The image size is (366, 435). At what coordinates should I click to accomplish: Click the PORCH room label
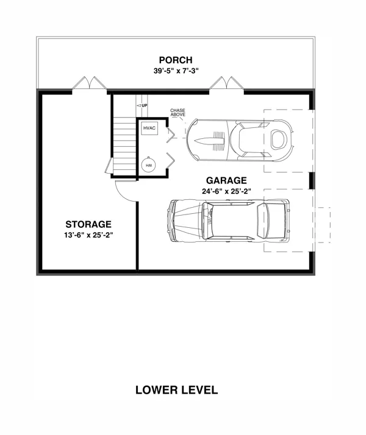coord(176,60)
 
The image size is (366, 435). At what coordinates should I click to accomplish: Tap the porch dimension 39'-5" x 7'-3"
coord(176,71)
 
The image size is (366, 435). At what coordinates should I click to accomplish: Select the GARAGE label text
coord(226,180)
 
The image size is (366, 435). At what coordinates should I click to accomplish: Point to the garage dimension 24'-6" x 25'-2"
coord(226,191)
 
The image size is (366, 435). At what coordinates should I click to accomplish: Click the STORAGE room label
coord(88,224)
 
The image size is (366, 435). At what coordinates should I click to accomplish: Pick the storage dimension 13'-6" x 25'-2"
coord(88,235)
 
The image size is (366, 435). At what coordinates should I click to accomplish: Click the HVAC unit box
coord(149,128)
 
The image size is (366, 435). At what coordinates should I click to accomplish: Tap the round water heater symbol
coord(149,165)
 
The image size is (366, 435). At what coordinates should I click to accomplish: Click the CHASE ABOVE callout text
coord(178,112)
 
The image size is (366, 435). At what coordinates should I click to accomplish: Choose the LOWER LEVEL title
coord(177,390)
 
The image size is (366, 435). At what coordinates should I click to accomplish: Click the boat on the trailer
coord(239,140)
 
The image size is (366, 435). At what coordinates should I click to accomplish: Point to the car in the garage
coord(229,221)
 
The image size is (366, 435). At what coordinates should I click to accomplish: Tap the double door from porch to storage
coord(90,83)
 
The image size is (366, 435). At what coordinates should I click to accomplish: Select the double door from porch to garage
coord(226,83)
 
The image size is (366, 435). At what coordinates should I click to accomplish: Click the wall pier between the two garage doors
coord(312,180)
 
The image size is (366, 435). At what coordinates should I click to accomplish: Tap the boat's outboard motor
coord(279,139)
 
